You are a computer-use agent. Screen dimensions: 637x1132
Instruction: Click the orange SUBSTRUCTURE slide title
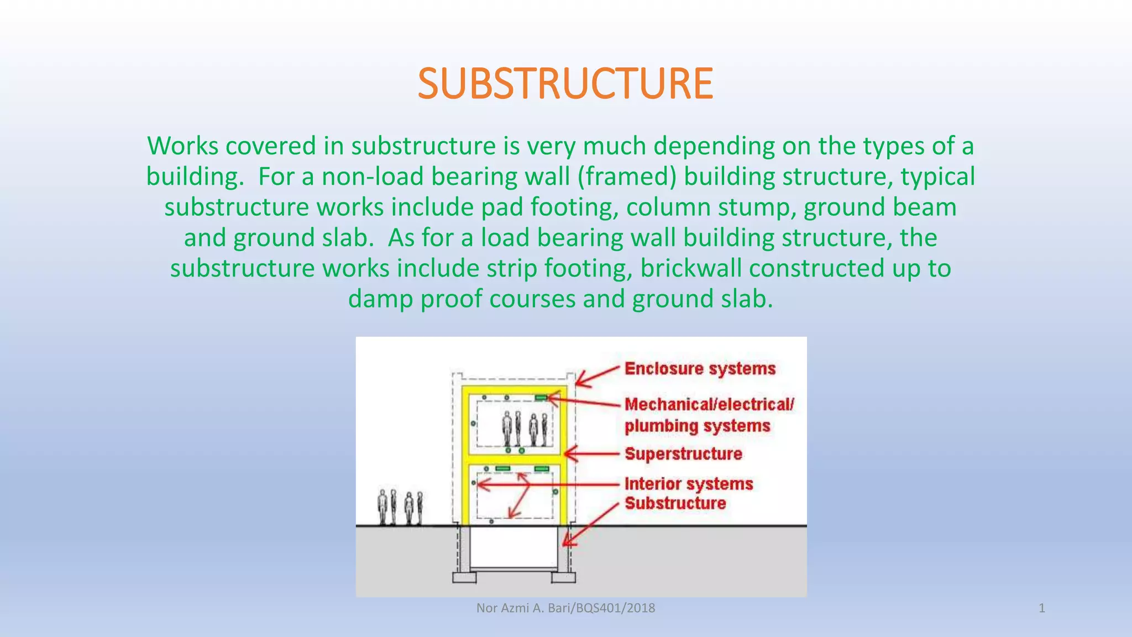click(565, 83)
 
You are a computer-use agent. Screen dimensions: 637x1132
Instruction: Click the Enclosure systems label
click(700, 369)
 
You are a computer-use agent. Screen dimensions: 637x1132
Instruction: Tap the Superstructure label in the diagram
click(683, 454)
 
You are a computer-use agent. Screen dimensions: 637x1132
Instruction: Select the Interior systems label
click(689, 484)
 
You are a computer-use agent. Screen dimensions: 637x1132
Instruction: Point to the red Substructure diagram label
click(675, 503)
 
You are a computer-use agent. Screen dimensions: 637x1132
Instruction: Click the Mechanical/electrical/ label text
click(709, 404)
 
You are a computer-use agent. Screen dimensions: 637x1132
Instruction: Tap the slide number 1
click(1041, 608)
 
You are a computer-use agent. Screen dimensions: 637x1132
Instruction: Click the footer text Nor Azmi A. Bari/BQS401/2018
click(565, 608)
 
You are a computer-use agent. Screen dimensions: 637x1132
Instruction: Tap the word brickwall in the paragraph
click(691, 269)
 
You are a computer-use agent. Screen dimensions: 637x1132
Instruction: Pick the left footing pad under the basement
click(464, 578)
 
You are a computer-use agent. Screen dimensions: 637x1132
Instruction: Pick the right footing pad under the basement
click(563, 578)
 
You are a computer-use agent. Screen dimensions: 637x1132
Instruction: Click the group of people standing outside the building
click(401, 507)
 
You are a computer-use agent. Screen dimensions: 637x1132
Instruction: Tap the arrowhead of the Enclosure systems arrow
click(578, 383)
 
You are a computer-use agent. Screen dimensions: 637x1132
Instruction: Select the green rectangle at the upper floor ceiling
click(541, 398)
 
